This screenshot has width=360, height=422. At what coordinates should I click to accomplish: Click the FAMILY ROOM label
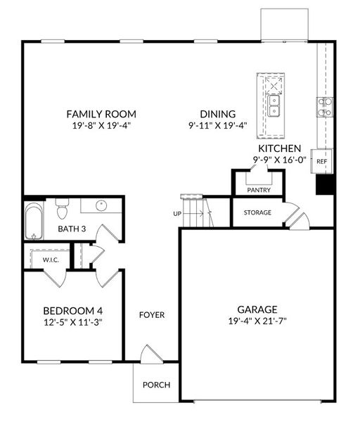(101, 113)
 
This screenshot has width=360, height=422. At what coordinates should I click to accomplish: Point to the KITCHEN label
(279, 149)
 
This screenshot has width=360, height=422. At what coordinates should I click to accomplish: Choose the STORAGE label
(257, 212)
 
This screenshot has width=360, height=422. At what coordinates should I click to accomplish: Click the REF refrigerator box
(322, 161)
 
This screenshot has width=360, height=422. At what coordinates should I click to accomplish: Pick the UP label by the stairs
(178, 213)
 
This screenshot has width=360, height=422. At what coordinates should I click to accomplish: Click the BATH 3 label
(72, 229)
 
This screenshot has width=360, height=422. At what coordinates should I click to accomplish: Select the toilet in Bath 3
(61, 209)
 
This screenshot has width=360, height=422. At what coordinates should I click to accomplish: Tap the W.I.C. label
(50, 259)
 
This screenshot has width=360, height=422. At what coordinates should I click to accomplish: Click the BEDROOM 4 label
(72, 311)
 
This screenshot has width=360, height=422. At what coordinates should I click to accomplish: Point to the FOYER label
(151, 314)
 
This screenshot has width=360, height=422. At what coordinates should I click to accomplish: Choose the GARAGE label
(257, 309)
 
